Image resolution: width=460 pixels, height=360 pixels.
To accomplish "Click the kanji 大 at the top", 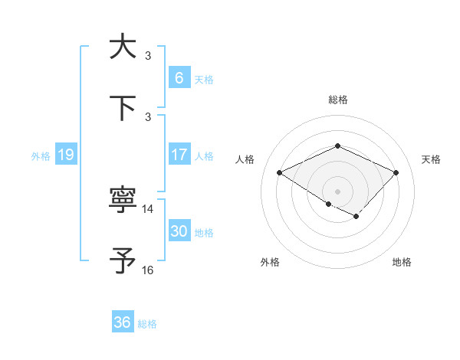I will pyautogui.click(x=122, y=47).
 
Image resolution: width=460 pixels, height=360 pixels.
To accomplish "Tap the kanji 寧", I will pyautogui.click(x=122, y=201).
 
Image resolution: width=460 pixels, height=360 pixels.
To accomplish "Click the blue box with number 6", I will pyautogui.click(x=179, y=78).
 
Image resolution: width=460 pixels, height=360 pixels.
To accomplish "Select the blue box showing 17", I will pyautogui.click(x=179, y=155).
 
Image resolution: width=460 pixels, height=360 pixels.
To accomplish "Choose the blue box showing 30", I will pyautogui.click(x=179, y=231).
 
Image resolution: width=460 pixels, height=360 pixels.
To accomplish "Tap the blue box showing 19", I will pyautogui.click(x=65, y=155).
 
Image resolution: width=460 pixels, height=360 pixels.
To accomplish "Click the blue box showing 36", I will pyautogui.click(x=122, y=322).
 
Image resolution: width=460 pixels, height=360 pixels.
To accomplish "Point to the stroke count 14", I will pyautogui.click(x=148, y=209).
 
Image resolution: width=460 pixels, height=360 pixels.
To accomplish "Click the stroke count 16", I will pyautogui.click(x=148, y=270).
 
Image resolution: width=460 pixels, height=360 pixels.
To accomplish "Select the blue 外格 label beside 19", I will pyautogui.click(x=41, y=155).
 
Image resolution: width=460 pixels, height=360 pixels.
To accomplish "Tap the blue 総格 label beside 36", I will pyautogui.click(x=147, y=324).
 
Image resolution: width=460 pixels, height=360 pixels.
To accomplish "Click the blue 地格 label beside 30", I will pyautogui.click(x=204, y=233).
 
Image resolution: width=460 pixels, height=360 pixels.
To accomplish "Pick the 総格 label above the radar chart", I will pyautogui.click(x=337, y=100).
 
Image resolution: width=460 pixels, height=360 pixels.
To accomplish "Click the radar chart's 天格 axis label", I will pyautogui.click(x=431, y=159).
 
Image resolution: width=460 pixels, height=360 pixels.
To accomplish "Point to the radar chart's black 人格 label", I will pyautogui.click(x=245, y=159).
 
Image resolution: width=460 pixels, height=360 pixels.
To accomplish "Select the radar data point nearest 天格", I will pyautogui.click(x=396, y=172).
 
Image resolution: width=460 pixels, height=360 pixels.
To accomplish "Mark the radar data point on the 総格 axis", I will pyautogui.click(x=337, y=146).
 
